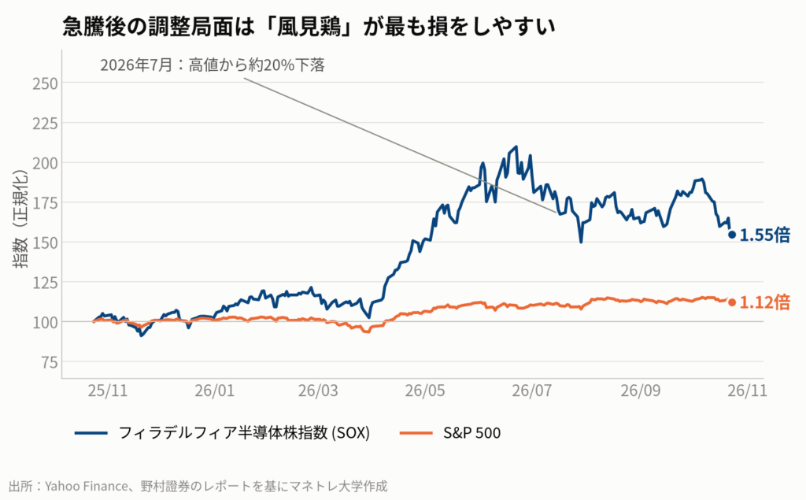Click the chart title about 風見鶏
[x=309, y=26]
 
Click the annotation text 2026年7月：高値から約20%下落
[x=213, y=65]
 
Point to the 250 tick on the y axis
[x=45, y=83]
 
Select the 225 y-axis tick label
[x=45, y=124]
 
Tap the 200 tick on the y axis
[x=45, y=163]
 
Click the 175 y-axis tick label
[x=45, y=202]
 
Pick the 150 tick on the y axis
[x=45, y=243]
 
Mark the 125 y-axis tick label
[x=45, y=283]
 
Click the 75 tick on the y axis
[x=50, y=362]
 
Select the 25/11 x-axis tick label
[x=107, y=391]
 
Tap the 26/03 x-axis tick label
[x=318, y=391]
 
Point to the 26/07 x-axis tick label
[x=531, y=391]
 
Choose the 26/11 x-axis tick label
[x=747, y=391]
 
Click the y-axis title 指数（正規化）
[x=20, y=219]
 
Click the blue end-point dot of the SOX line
[x=732, y=235]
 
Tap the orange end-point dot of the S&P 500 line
[x=732, y=302]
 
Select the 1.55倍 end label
[x=765, y=235]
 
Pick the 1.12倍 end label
[x=765, y=302]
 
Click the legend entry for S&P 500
[x=450, y=433]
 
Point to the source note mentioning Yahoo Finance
[x=198, y=486]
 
